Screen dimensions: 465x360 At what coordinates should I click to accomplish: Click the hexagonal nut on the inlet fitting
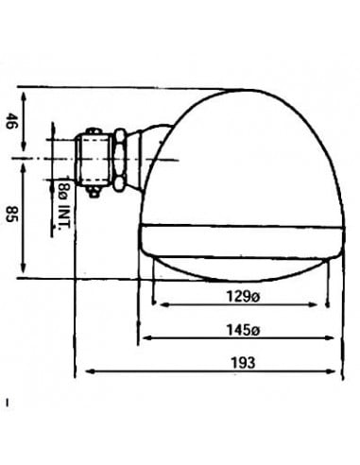(122, 158)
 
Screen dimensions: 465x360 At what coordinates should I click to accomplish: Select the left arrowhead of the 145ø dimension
(145, 338)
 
